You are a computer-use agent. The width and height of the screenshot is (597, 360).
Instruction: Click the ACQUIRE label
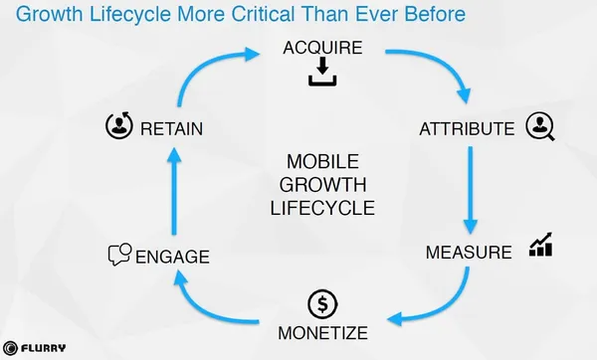pos(322,48)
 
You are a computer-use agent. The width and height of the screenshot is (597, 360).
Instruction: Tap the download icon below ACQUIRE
pos(322,72)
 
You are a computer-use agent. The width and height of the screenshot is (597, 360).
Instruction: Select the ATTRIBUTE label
pos(467,129)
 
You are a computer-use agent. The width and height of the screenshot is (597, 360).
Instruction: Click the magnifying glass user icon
pos(540,126)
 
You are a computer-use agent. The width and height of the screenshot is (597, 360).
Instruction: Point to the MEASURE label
pos(469,253)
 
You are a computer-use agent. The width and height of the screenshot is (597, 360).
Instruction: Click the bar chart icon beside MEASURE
pos(540,245)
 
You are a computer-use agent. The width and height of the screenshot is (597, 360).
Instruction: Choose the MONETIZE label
pos(322,333)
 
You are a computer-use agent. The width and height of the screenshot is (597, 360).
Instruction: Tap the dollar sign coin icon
pos(322,304)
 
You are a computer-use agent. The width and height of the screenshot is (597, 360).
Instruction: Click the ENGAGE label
pos(172,257)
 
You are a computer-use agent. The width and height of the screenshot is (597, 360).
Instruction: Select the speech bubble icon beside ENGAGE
pos(120,255)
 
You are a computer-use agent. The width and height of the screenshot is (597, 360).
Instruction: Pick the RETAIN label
pos(171,129)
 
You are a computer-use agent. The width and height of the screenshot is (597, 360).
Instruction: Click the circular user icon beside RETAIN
pos(119,125)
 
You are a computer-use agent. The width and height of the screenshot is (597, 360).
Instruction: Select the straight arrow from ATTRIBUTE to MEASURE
pos(471,190)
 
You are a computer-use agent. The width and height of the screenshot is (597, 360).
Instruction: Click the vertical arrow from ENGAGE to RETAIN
pos(174,191)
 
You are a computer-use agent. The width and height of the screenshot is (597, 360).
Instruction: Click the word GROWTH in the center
pos(322,185)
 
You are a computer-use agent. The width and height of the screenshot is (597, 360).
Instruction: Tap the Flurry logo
pos(34,348)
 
